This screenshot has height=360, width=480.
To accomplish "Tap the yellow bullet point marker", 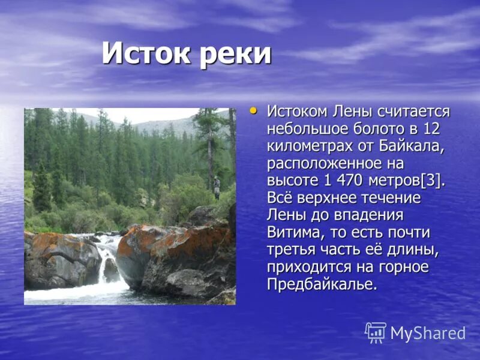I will [x=253, y=110].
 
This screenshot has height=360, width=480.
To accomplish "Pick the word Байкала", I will [x=413, y=146].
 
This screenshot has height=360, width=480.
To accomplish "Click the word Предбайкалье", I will [x=322, y=284].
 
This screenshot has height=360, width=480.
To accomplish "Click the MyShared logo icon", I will [x=376, y=332].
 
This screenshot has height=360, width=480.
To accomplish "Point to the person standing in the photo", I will [x=217, y=187].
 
